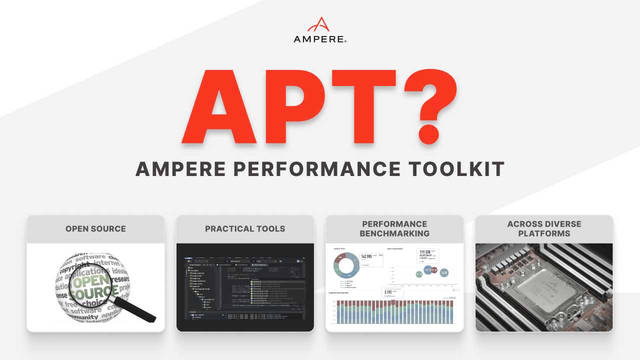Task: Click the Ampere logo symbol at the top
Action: (x=319, y=25)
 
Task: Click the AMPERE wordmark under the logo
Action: (x=319, y=39)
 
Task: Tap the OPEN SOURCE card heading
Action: (x=95, y=229)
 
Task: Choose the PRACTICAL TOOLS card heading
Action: (x=245, y=229)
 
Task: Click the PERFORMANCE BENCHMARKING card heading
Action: (x=395, y=229)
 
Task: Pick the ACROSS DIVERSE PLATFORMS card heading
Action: (x=544, y=229)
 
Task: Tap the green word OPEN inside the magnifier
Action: (x=89, y=280)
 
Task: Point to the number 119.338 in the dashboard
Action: (x=425, y=252)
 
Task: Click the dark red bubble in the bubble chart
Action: (x=433, y=271)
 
